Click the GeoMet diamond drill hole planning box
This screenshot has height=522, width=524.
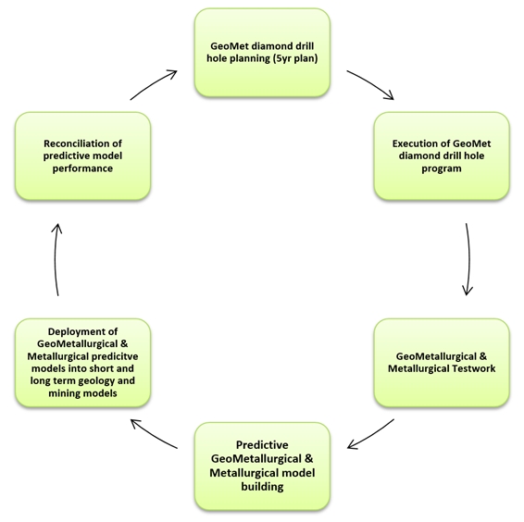click(x=262, y=53)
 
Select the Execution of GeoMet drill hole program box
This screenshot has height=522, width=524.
click(x=442, y=156)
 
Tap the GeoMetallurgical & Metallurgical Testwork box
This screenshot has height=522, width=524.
click(x=442, y=363)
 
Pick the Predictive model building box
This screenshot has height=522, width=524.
click(x=262, y=466)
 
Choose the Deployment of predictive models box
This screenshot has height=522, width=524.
click(x=83, y=363)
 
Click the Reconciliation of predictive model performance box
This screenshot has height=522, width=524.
click(x=83, y=156)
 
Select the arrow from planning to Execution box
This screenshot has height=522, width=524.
click(x=371, y=82)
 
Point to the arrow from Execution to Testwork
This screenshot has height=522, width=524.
click(x=469, y=259)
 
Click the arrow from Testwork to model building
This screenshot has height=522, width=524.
click(x=371, y=435)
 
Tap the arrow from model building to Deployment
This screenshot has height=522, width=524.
click(x=153, y=435)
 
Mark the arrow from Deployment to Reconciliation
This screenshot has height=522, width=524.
click(x=56, y=259)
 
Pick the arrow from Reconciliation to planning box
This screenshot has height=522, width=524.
click(x=153, y=83)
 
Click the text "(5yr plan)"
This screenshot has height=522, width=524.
click(x=295, y=58)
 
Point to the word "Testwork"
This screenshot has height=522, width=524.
click(x=474, y=368)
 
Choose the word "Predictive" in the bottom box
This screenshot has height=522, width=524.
click(x=262, y=445)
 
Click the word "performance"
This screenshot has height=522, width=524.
click(x=82, y=168)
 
